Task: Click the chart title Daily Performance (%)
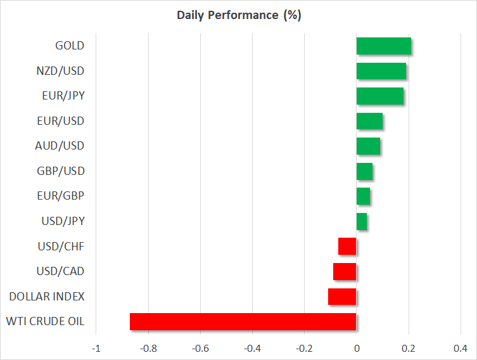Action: tap(238, 15)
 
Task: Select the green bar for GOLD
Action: tap(384, 46)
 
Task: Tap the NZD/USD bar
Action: tap(381, 71)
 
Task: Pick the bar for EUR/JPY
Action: tap(380, 96)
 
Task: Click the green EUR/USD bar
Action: tap(369, 121)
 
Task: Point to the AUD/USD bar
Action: tap(368, 146)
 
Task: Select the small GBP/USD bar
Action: tap(364, 171)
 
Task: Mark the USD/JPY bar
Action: tap(362, 221)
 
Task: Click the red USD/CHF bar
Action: tap(347, 246)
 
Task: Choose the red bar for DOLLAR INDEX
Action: tap(342, 297)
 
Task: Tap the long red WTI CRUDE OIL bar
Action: tap(243, 321)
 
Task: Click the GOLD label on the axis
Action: tap(70, 46)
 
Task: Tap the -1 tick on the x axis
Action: tap(96, 348)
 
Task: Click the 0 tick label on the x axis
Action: tap(357, 348)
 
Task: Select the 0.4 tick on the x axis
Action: tap(461, 348)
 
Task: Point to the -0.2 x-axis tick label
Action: tap(303, 348)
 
